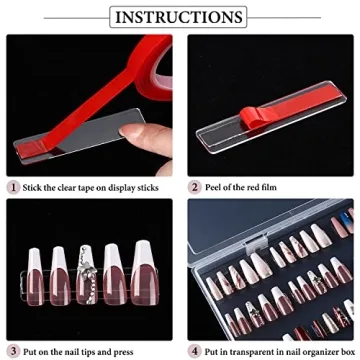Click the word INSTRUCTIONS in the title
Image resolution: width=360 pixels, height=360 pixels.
[180, 18]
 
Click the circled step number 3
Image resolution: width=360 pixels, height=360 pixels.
[13, 349]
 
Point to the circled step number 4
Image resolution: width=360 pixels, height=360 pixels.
[193, 349]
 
